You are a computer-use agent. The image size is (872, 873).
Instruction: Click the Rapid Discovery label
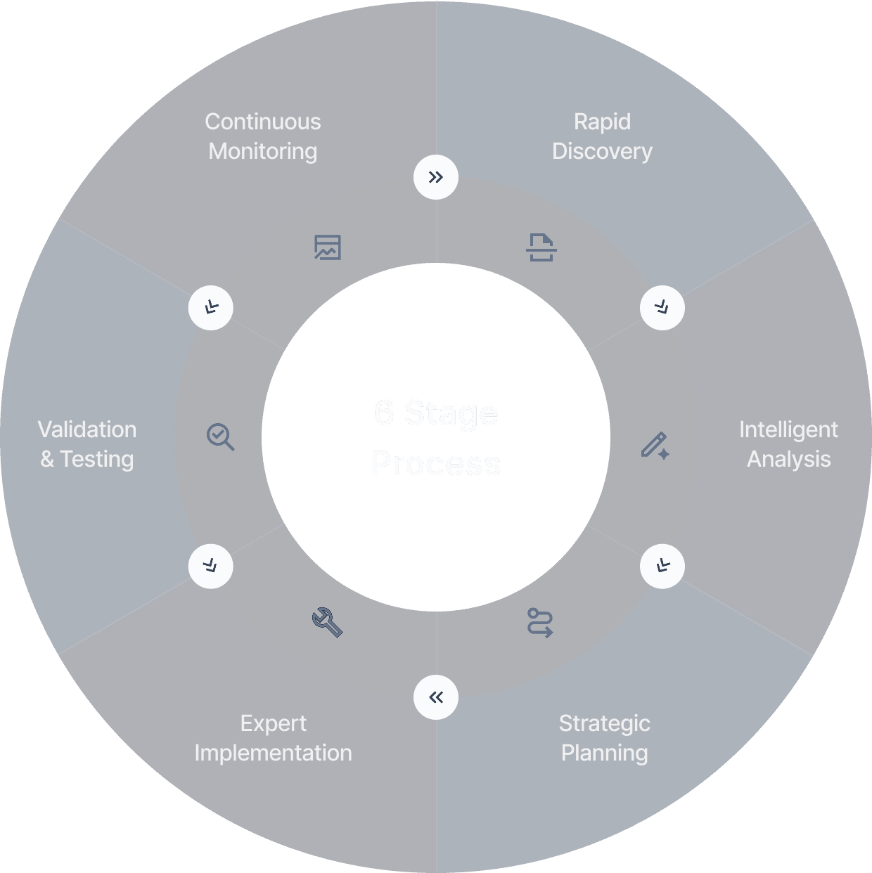[602, 136]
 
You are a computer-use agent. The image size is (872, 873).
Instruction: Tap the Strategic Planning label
[604, 738]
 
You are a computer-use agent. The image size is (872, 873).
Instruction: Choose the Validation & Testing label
[87, 444]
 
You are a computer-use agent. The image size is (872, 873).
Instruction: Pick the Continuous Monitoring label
[263, 136]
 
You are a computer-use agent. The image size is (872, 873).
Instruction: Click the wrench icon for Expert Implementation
[327, 622]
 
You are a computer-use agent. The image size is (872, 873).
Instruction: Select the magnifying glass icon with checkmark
[220, 436]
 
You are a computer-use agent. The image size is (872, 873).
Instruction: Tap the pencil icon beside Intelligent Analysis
[655, 446]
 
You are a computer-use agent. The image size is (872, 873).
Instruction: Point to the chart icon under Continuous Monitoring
[328, 247]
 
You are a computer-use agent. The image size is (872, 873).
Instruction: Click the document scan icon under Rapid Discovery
[541, 247]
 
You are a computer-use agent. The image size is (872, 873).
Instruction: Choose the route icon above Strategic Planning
[540, 623]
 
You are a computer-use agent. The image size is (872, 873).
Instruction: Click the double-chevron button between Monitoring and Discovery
[436, 177]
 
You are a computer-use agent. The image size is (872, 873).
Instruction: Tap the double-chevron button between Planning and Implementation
[436, 697]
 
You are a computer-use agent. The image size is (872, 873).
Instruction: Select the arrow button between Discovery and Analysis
[662, 308]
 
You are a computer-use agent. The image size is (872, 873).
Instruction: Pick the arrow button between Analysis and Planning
[662, 566]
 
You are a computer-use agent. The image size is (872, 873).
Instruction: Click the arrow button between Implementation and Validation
[210, 566]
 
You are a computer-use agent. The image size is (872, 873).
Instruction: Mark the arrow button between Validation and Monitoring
[210, 308]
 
